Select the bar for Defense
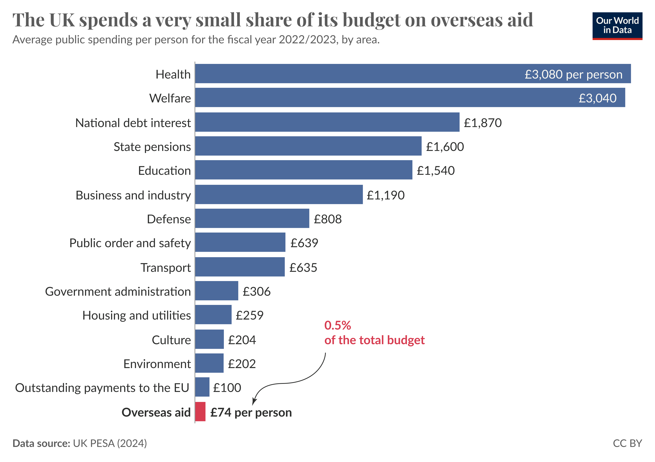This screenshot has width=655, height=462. pos(252,218)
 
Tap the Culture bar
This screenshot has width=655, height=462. pos(209,339)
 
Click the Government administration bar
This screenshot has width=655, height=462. pos(217,291)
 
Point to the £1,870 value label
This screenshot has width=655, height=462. pos(483,123)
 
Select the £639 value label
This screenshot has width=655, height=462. pos(304,243)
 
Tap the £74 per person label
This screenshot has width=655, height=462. pos(251,412)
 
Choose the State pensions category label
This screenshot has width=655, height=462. pos(152,147)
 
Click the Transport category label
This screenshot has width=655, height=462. pos(165,268)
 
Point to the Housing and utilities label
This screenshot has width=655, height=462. pos(136,316)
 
